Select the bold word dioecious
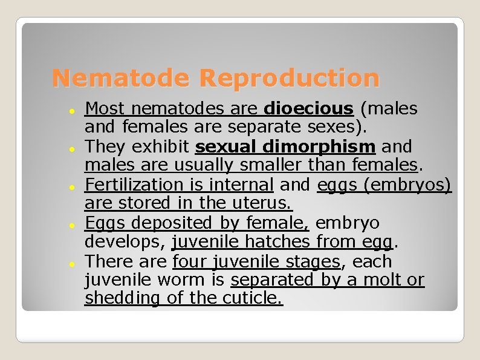309,109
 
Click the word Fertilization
134,185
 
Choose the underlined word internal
241,185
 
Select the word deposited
171,223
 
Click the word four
188,262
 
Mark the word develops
124,243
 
